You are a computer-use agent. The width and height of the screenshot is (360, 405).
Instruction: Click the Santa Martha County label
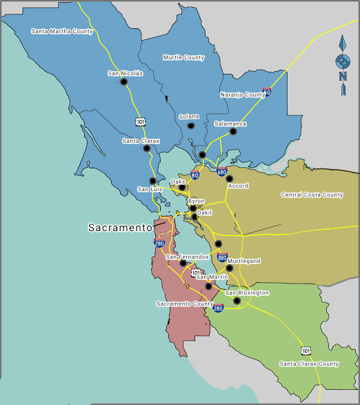point(62,31)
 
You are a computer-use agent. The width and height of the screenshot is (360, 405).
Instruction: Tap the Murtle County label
point(183,57)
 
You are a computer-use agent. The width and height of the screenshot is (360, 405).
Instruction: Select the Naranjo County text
point(242,95)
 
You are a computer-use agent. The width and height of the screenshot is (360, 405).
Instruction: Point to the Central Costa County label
point(312,195)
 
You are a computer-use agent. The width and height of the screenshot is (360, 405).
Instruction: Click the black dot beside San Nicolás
point(124,81)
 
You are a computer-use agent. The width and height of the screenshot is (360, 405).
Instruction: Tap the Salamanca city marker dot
point(233,131)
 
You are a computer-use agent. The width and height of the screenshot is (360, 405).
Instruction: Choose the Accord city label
point(238,186)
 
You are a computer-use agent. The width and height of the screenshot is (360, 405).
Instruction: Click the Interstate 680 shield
point(221,171)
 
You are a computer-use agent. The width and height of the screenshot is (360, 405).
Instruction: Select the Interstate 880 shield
point(222,258)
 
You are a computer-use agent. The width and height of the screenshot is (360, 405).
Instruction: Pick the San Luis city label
point(150,188)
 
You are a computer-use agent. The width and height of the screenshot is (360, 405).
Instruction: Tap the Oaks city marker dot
point(182,187)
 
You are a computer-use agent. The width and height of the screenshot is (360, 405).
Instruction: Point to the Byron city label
point(196,201)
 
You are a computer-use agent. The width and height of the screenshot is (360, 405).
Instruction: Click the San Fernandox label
point(187,257)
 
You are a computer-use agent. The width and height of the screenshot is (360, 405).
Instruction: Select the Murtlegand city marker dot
point(230,268)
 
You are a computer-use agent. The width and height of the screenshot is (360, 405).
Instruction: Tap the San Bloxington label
point(247,293)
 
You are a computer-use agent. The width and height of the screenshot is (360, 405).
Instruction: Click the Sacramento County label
point(184,304)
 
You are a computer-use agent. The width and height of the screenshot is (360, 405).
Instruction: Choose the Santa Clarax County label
point(309,364)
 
